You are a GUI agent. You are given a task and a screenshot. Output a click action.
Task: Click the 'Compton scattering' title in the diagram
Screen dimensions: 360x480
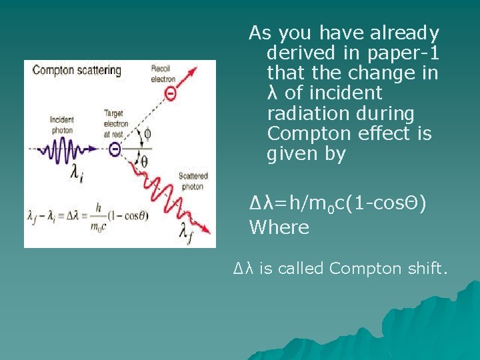tap(77, 70)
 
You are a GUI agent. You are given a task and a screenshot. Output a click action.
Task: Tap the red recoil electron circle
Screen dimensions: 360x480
tap(171, 95)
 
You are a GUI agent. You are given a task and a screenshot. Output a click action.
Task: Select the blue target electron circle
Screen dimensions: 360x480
tap(115, 149)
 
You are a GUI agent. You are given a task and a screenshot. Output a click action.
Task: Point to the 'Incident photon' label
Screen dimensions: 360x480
tap(61, 125)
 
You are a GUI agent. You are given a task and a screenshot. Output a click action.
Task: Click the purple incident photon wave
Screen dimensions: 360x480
tap(70, 149)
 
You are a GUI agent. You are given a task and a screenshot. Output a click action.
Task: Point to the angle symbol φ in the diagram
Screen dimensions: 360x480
tap(147, 134)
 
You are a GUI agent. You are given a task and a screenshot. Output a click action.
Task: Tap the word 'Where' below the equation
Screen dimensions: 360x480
tap(279, 227)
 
